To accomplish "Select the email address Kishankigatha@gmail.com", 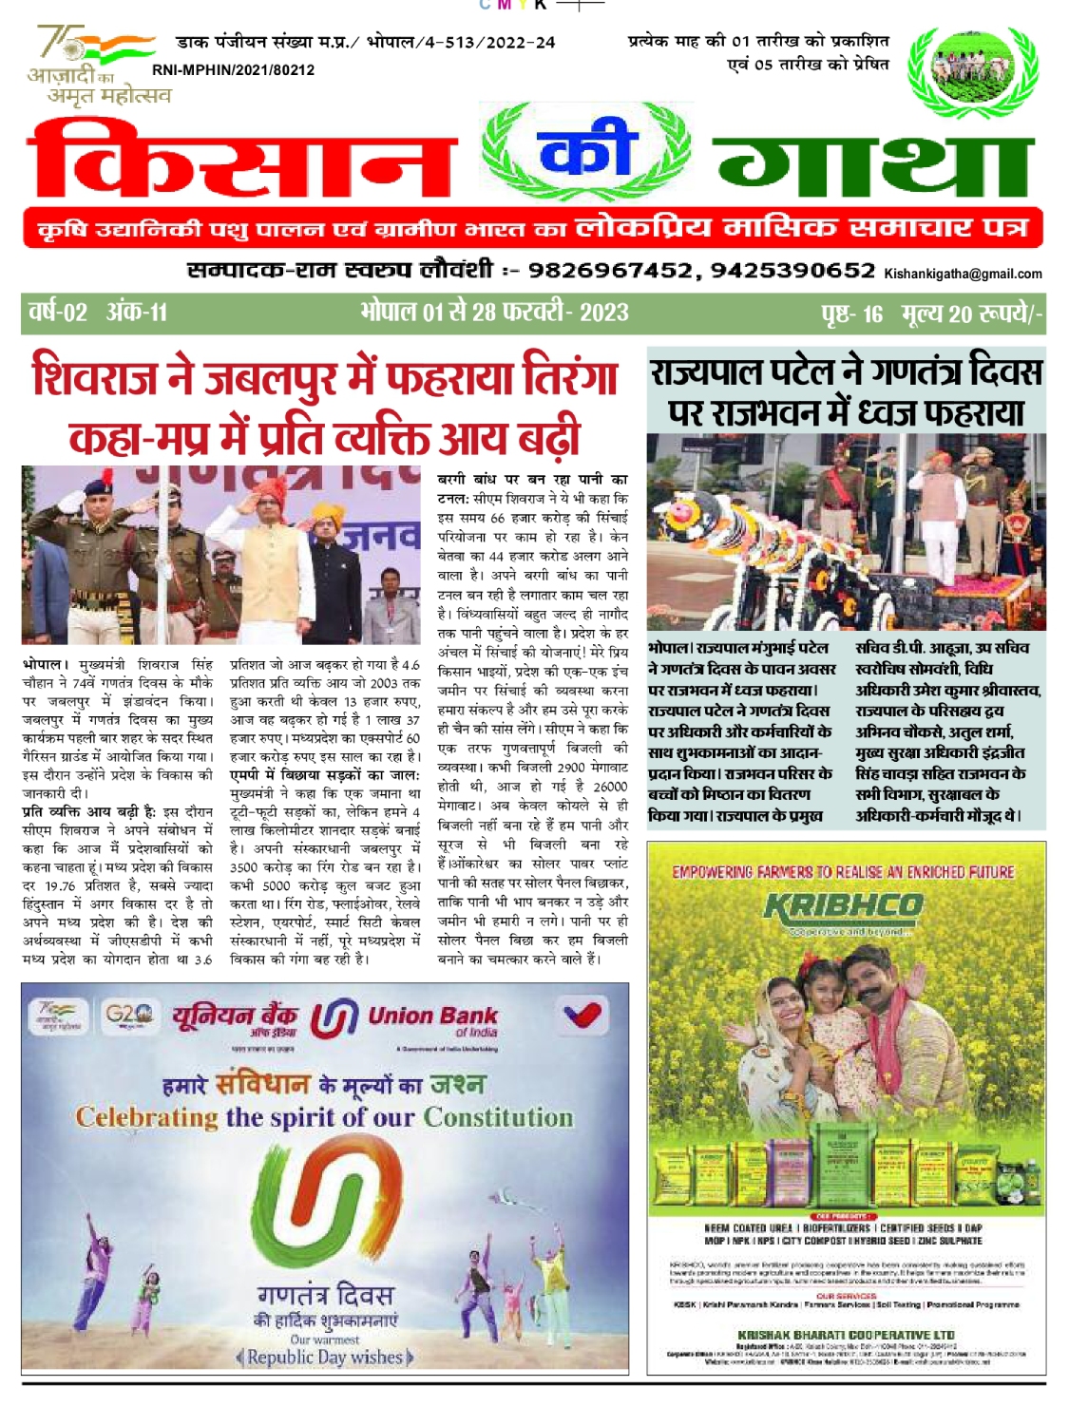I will pos(963,274).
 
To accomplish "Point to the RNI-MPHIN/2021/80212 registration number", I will pos(233,70).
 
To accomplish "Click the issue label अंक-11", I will pos(138,312).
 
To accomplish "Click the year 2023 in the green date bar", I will pos(604,312).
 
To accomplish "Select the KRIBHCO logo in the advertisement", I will pos(844,906).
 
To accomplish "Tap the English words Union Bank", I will pos(432,1016).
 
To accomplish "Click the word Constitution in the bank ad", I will pos(498,1117).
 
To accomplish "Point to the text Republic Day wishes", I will pos(325,1357).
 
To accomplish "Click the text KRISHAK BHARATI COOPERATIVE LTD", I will pos(846,1335).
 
